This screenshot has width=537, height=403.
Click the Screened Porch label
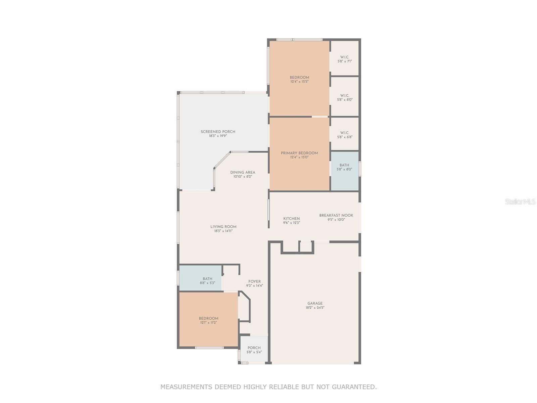[x=218, y=132]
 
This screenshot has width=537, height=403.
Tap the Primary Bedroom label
[x=299, y=153]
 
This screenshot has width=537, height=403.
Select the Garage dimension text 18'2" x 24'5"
[x=315, y=308]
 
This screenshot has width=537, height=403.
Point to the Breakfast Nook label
[x=336, y=216]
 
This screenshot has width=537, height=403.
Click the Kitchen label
[x=291, y=219]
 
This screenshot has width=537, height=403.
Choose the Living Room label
[x=223, y=227]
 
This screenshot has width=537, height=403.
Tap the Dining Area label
[x=243, y=173]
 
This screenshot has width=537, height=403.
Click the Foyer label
[x=254, y=282]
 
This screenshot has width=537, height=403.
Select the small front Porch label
[x=254, y=348]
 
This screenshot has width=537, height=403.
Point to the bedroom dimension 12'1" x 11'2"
[x=208, y=323]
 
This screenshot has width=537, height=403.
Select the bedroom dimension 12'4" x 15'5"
[x=299, y=82]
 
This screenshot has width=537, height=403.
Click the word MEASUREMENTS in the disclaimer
[x=187, y=387]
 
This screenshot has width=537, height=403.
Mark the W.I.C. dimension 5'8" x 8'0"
[x=345, y=100]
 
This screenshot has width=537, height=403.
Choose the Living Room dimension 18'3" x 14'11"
[x=223, y=231]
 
